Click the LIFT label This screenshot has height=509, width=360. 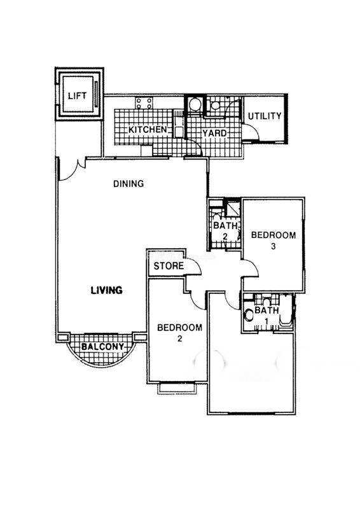[x=77, y=96]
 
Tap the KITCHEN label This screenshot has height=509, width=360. [x=148, y=130]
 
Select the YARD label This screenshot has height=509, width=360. [x=214, y=133]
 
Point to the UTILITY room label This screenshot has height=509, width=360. [x=265, y=116]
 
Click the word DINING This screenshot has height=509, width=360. [x=128, y=184]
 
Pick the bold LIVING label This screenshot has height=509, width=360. [x=106, y=290]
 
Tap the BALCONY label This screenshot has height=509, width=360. [x=102, y=347]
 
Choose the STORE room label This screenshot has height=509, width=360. [x=169, y=266]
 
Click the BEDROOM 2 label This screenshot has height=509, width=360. [x=179, y=333]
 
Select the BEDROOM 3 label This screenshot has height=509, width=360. [x=273, y=241]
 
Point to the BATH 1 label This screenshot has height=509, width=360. [x=267, y=315]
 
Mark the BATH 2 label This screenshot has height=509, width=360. [x=225, y=230]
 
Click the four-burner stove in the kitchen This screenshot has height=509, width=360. [x=144, y=103]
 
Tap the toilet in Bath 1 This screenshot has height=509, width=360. [x=249, y=315]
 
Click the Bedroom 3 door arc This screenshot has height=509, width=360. [x=252, y=268]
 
